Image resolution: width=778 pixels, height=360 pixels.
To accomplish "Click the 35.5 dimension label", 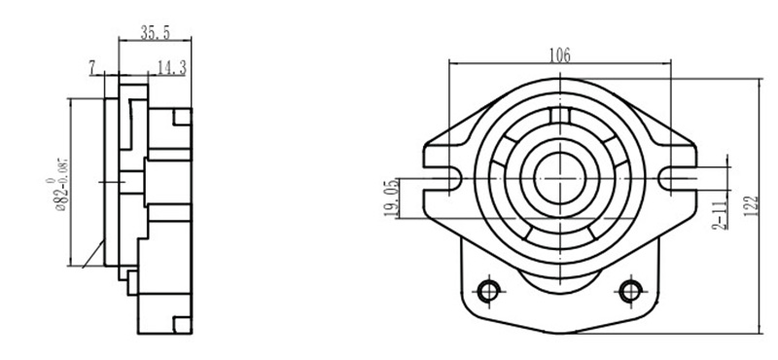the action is point(156,33).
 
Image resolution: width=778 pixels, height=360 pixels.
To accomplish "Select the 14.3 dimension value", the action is point(172,67).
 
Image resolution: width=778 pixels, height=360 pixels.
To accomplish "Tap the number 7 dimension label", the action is point(92,68).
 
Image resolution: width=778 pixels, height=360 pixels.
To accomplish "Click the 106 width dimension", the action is point(559,55).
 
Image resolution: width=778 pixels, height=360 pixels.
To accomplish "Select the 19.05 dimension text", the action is point(391,198).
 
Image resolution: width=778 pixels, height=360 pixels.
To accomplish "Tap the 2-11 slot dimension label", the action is point(720,213).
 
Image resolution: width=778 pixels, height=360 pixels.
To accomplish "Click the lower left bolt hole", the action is point(489,291).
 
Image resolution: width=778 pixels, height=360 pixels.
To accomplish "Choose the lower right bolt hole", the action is point(630,291).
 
